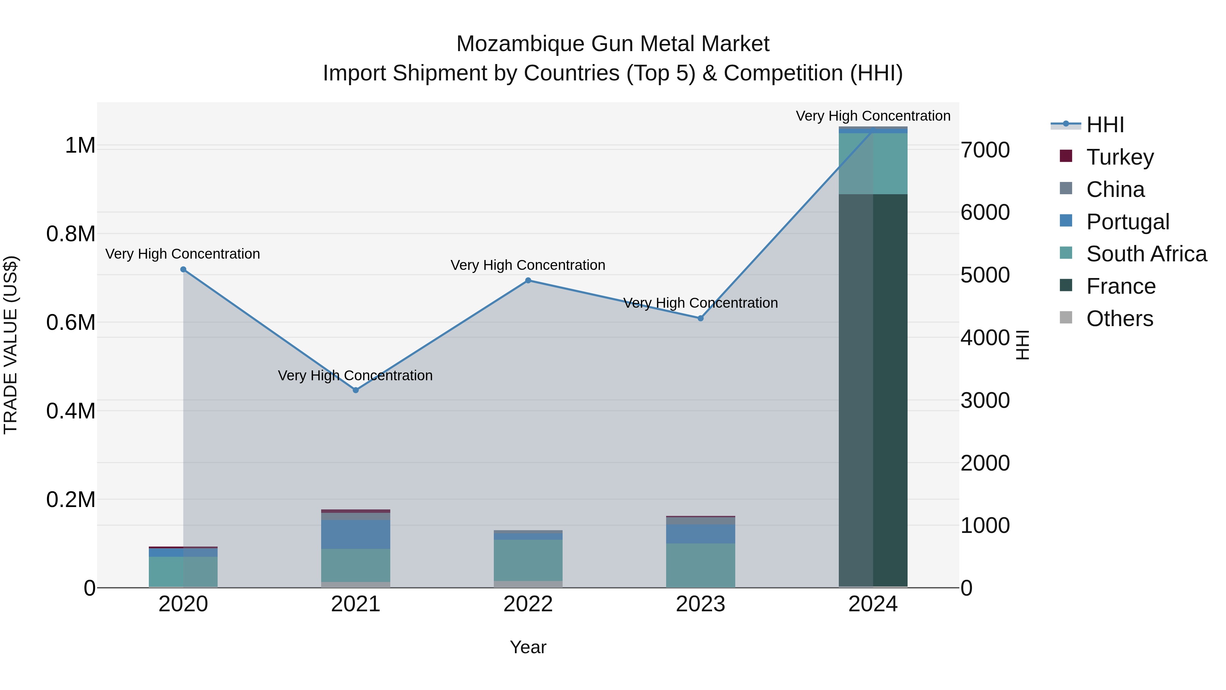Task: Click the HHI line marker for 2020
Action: (183, 270)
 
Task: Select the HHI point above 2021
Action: (356, 390)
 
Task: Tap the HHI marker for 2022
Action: (528, 280)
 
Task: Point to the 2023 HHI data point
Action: (701, 318)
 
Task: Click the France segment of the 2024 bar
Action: (873, 390)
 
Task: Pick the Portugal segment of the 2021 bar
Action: (356, 534)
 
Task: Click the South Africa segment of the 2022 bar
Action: (528, 560)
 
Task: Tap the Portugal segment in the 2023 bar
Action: (701, 534)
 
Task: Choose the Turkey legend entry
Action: (1119, 157)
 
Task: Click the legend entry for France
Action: (1120, 286)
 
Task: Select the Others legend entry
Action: (1119, 319)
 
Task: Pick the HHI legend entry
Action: (1105, 125)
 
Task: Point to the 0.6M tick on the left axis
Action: (71, 322)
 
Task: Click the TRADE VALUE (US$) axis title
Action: (11, 345)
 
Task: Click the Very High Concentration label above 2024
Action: (873, 116)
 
